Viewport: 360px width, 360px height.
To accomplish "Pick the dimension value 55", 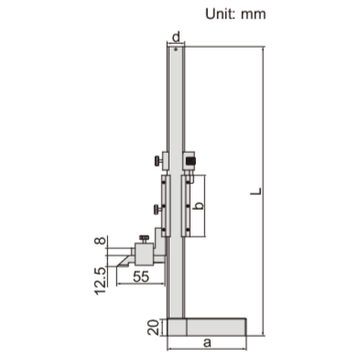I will point(141,276).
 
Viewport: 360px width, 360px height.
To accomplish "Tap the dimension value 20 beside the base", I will point(150,326).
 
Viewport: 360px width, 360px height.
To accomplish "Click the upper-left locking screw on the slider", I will point(157,165).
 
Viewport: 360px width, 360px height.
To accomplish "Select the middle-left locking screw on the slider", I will point(157,210).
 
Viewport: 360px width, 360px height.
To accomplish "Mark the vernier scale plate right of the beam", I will point(189,203).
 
